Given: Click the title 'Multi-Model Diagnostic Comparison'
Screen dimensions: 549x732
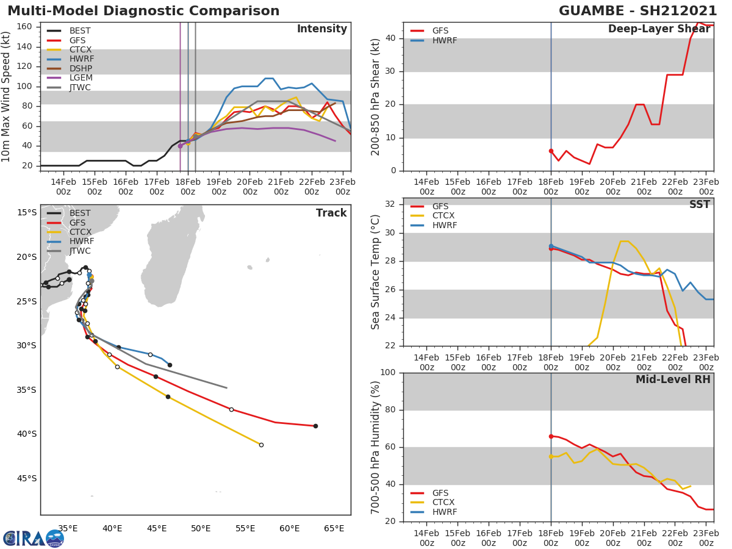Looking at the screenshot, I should point(143,11).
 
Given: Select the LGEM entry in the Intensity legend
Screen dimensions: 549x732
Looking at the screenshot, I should point(80,78).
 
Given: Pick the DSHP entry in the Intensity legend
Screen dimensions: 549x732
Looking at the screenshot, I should point(81,68).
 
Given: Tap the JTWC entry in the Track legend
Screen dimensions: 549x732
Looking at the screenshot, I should point(80,251).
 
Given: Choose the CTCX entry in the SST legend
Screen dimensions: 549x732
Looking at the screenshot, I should point(443,215).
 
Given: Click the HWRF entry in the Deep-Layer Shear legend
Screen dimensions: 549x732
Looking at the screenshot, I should point(444,40).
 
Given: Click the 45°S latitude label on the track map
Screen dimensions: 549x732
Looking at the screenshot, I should point(26,478).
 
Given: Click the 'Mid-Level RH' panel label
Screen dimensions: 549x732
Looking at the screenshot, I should point(673,379).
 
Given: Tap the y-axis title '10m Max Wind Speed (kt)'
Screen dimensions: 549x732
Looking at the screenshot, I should point(7,97).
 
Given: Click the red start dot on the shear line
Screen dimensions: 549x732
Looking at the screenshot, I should point(551,151).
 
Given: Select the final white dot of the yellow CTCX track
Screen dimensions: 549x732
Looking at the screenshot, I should point(261,445).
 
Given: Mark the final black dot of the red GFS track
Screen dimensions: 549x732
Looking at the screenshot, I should point(315,426).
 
